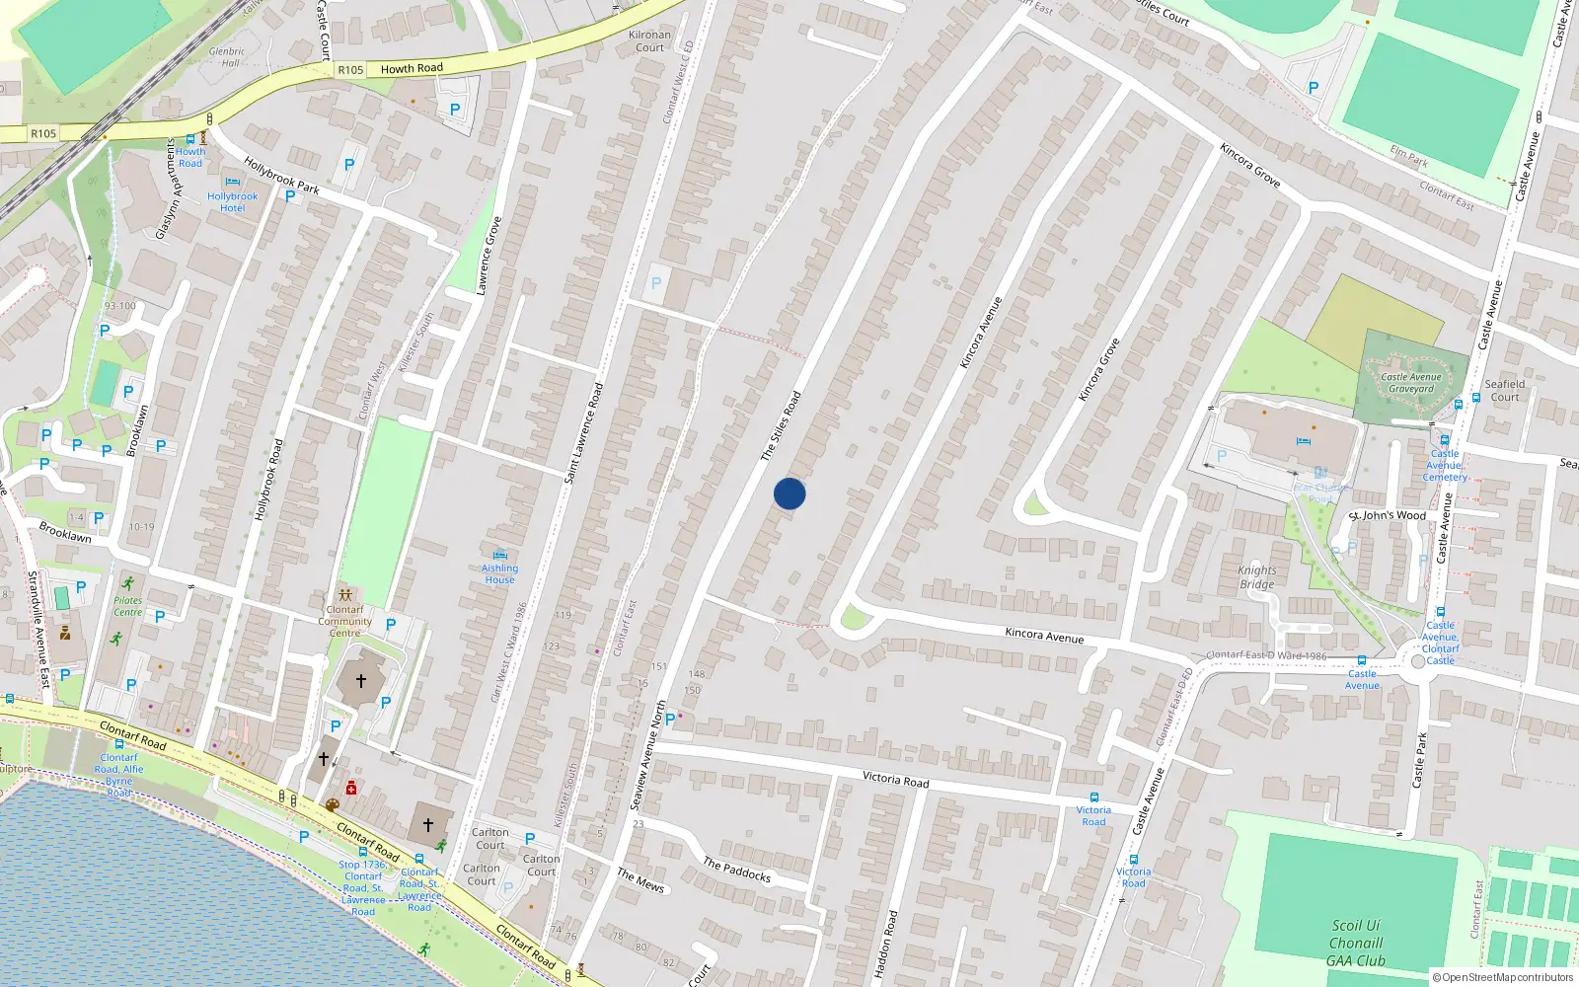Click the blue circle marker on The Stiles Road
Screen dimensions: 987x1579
click(x=789, y=493)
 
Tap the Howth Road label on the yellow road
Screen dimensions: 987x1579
click(x=412, y=68)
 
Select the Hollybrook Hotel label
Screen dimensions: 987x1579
click(x=233, y=202)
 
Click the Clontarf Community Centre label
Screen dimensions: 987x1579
click(x=344, y=621)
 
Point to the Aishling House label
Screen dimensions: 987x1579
click(x=499, y=573)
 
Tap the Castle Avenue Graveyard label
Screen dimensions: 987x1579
click(x=1411, y=383)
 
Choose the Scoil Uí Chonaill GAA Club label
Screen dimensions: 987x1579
click(x=1356, y=943)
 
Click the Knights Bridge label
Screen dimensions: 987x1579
click(x=1257, y=577)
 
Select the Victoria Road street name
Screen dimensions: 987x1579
click(x=895, y=780)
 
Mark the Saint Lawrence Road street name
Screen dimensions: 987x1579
click(x=583, y=433)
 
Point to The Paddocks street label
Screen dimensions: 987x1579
click(x=736, y=870)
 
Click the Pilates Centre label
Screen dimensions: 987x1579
click(x=127, y=606)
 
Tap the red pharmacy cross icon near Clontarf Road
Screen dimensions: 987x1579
click(x=351, y=788)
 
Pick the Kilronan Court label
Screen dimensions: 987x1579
click(x=649, y=40)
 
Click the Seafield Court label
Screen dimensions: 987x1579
click(x=1505, y=391)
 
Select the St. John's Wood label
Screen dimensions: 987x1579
click(x=1388, y=515)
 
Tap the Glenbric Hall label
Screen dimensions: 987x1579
click(x=227, y=57)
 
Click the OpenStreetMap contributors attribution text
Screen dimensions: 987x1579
click(x=1503, y=977)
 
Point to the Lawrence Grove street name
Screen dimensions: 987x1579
click(x=489, y=256)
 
